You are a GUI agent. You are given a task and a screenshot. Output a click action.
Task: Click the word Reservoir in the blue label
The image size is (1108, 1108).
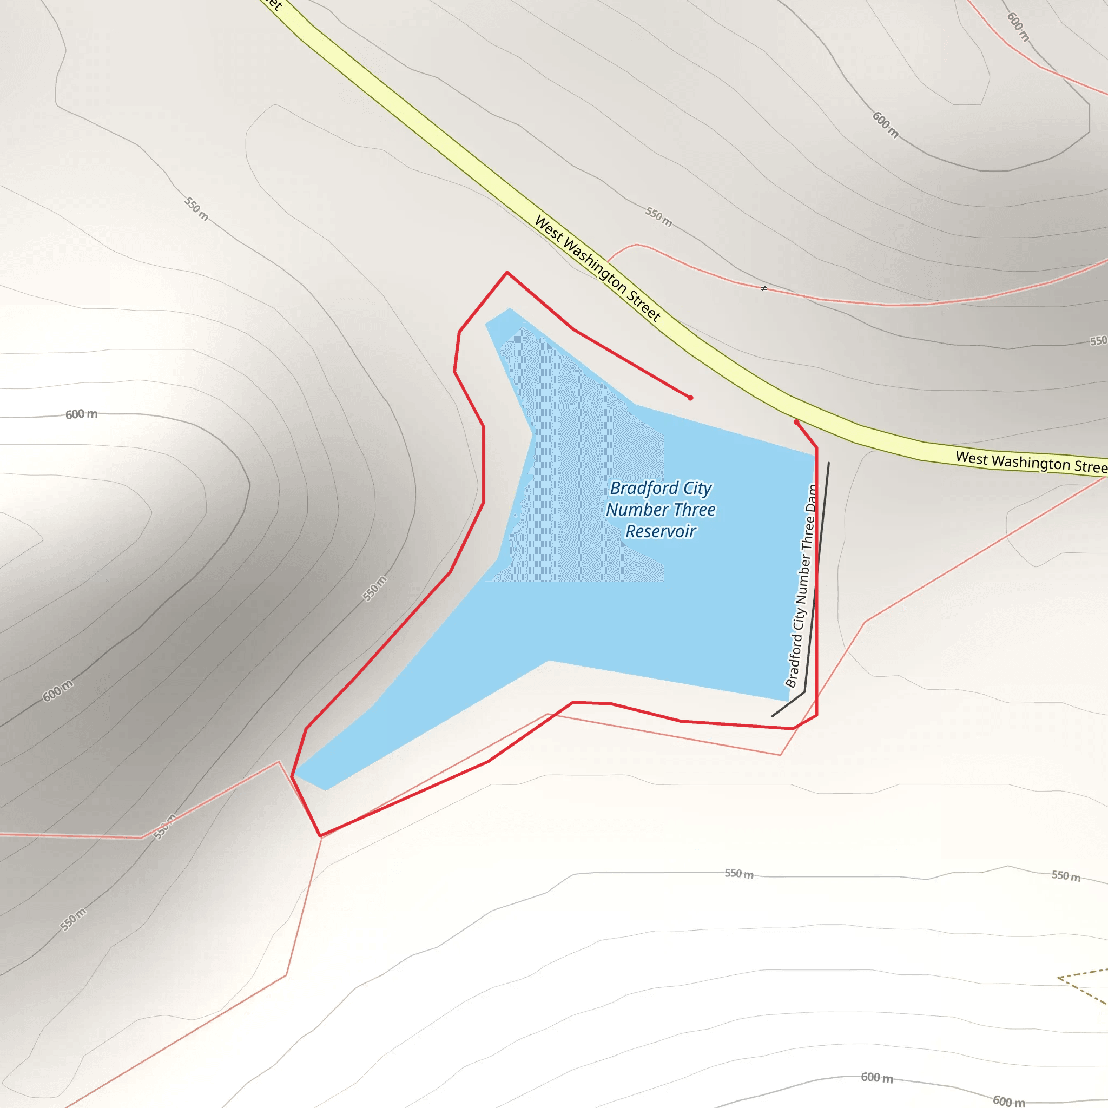tap(661, 531)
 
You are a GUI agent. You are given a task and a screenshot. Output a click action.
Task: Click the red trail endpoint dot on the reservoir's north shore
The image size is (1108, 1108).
tap(690, 398)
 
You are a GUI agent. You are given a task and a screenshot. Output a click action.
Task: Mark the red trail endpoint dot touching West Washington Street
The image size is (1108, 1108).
tap(796, 422)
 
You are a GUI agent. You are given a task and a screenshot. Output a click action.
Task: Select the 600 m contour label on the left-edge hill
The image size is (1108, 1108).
tap(81, 414)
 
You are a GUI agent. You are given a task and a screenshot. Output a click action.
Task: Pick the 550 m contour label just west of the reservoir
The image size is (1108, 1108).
tap(374, 589)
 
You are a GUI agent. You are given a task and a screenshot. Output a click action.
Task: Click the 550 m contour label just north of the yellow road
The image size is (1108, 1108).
tap(658, 217)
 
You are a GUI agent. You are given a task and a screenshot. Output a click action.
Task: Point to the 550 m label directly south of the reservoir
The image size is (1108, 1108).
tap(738, 873)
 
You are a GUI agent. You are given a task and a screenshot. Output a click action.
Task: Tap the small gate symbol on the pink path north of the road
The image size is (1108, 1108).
tap(763, 288)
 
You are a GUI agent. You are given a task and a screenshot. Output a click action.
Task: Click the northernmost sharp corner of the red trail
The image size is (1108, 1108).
tap(507, 273)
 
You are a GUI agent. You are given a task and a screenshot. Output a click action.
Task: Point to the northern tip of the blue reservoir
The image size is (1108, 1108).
tap(509, 309)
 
